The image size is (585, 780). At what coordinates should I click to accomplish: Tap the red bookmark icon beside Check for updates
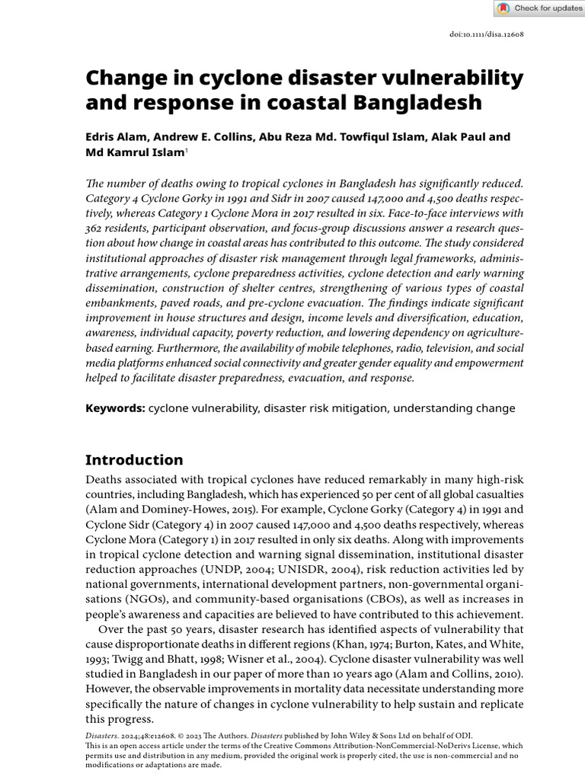503,8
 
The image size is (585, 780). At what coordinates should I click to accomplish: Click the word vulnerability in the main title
449,78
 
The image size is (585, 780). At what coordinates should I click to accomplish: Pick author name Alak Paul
456,137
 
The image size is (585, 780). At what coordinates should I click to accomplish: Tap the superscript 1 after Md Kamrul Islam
187,150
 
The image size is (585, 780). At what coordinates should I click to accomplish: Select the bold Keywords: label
115,408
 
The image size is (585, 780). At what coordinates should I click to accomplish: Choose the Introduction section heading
134,460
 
